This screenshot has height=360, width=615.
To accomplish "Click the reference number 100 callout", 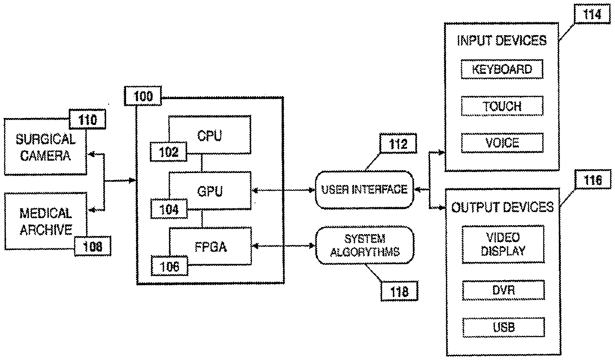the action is point(143,96).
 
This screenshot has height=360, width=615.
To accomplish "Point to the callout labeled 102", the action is point(168,152).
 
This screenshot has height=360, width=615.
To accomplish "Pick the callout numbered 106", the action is point(170,266).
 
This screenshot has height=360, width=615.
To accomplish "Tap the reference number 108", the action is point(93,246).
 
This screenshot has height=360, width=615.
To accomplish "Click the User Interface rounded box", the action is point(365,190).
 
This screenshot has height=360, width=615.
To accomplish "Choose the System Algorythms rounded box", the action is point(365,245).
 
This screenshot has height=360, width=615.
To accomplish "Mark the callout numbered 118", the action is point(399,291).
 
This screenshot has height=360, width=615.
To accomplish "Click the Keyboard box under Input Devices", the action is point(502,69).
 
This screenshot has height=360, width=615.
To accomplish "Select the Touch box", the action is point(502,106).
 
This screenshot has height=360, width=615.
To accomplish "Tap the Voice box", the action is point(502,143).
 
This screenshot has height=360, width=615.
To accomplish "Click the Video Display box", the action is point(503,244).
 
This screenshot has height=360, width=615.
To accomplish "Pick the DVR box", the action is point(503,290).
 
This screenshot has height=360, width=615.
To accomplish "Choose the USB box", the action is point(504,327).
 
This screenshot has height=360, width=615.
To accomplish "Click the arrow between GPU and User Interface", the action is point(283,190).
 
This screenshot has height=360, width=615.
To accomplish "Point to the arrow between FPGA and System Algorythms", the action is point(284,246).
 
